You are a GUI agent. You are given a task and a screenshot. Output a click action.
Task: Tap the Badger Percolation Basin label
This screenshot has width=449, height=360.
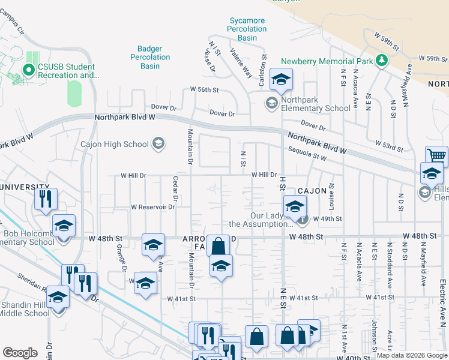(x=150, y=57)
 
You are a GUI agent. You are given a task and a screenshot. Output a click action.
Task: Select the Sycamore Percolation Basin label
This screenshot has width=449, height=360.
(x=247, y=29)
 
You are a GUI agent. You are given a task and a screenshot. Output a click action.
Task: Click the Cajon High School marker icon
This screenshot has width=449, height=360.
(x=158, y=143)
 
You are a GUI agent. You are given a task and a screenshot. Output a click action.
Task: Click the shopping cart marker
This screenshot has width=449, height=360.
(x=436, y=156)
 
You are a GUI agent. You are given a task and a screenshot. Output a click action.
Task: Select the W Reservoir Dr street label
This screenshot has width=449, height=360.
(x=153, y=207)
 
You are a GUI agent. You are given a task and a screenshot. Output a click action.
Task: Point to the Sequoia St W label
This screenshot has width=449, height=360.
(x=307, y=154)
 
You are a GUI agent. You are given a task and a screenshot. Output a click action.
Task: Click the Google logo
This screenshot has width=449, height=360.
(x=20, y=353)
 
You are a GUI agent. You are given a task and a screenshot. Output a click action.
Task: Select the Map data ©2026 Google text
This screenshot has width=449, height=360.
(x=412, y=355)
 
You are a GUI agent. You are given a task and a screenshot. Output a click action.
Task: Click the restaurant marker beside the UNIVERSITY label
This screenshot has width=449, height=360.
(x=46, y=199)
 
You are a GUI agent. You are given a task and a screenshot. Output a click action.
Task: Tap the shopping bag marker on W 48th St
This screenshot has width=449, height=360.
(x=218, y=245)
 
